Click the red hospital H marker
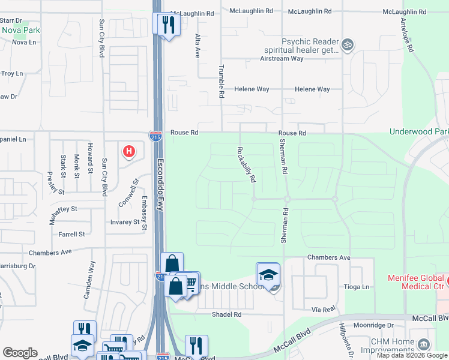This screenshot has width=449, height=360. tap(128, 152)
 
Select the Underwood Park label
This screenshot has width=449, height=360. tap(419, 131)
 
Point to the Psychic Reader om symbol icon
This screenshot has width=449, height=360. tap(346, 44)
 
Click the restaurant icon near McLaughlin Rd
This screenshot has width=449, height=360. tap(166, 25)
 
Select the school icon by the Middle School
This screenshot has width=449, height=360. tap(268, 274)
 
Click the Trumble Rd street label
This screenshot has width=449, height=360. tap(221, 82)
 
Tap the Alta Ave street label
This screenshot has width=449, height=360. tap(196, 45)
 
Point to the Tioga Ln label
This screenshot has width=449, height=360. tap(356, 287)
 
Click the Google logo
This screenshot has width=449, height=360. tap(20, 353)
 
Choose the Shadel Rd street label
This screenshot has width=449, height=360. tap(226, 314)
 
